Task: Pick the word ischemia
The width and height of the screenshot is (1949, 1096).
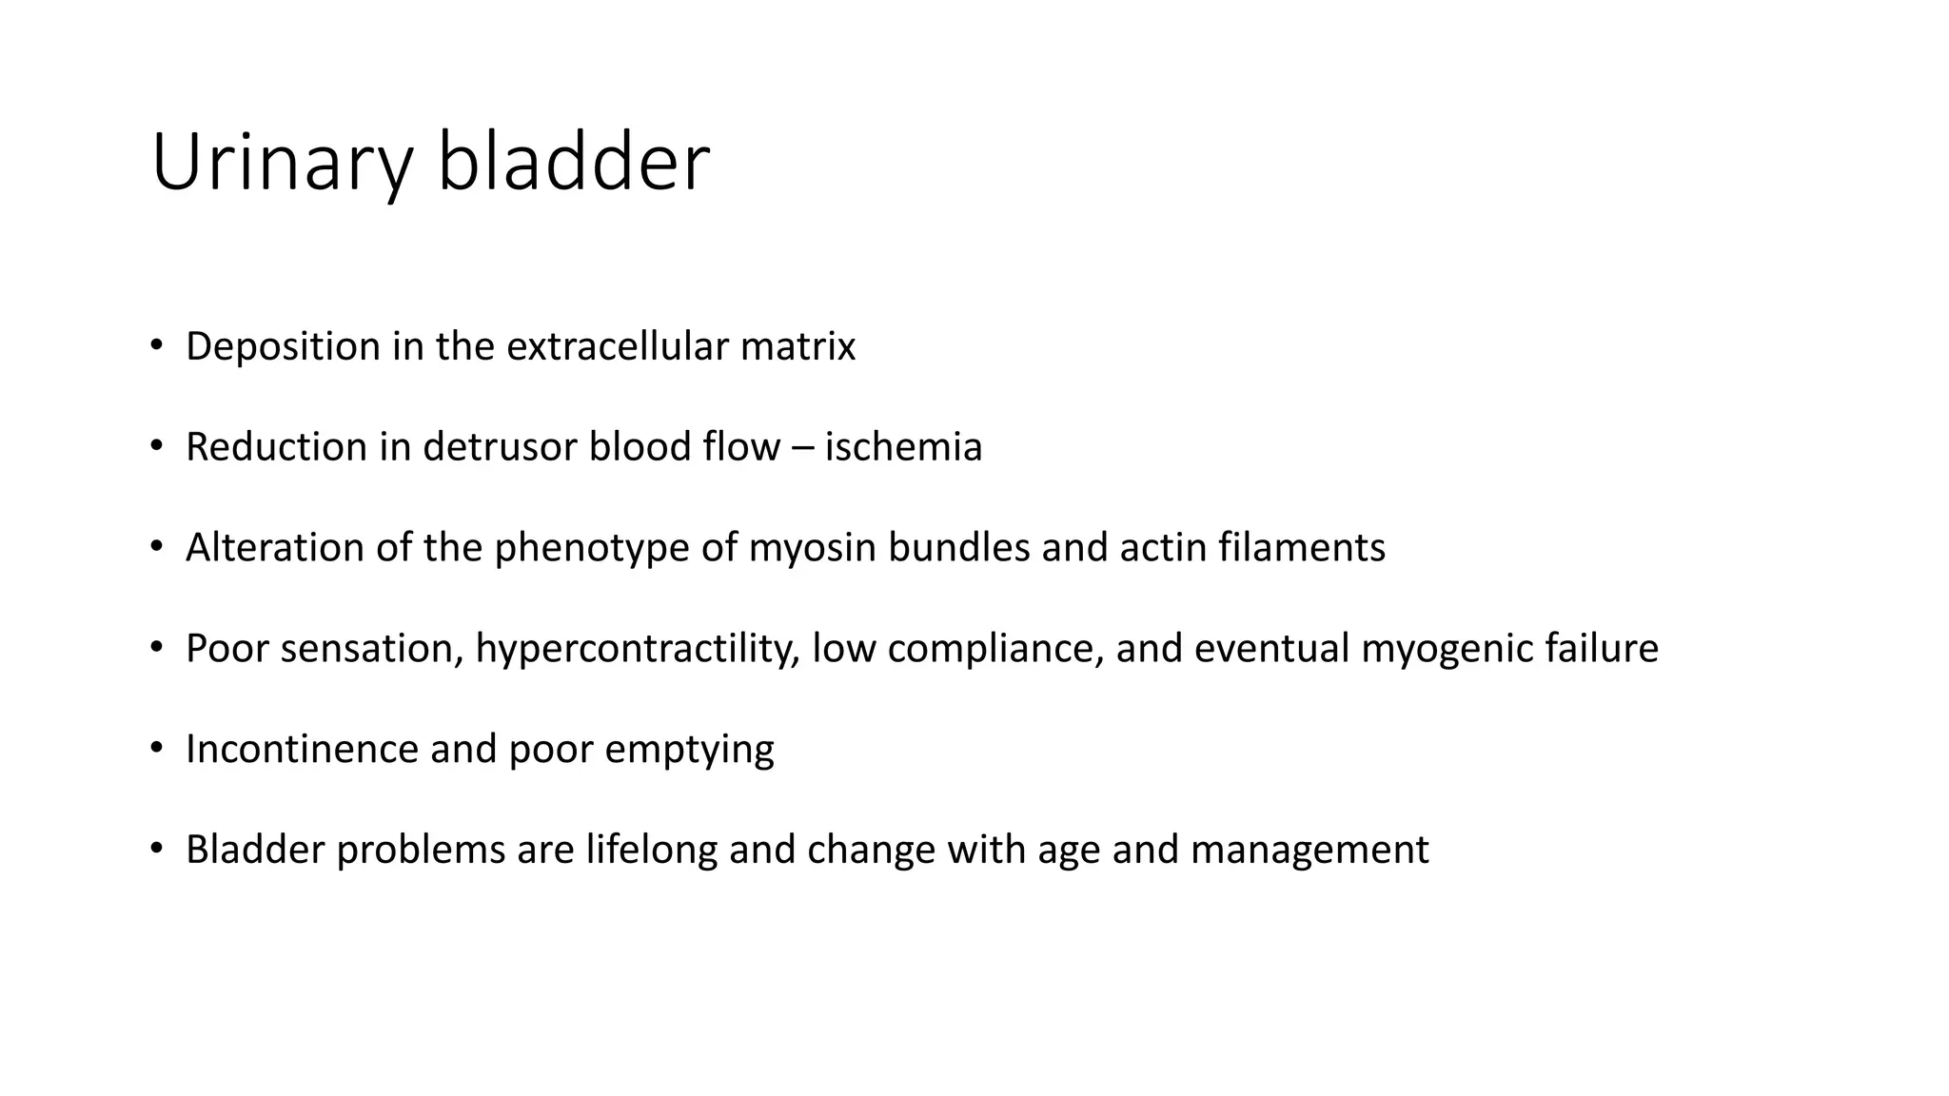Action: pyautogui.click(x=903, y=447)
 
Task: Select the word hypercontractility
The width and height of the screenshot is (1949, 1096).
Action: pyautogui.click(x=637, y=649)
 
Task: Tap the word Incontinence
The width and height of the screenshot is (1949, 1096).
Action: pyautogui.click(x=302, y=750)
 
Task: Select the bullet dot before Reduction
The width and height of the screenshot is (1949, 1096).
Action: pyautogui.click(x=157, y=446)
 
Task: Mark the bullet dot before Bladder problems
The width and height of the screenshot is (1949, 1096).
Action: pyautogui.click(x=157, y=849)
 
